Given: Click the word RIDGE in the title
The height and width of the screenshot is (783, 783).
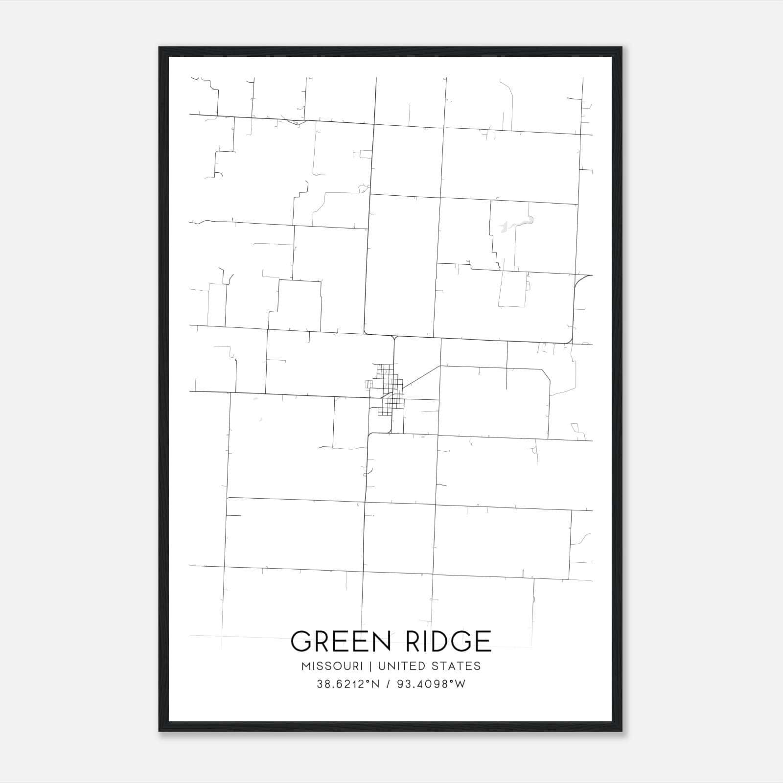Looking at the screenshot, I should tap(448, 641).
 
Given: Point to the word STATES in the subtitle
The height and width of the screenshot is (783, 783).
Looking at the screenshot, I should tap(457, 666).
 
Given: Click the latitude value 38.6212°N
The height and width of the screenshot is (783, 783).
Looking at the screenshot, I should tap(348, 685).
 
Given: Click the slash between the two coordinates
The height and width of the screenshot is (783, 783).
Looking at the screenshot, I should tap(388, 685).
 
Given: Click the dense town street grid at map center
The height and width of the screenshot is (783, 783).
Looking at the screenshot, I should tap(389, 389).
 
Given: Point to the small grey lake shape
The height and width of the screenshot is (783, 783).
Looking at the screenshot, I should tap(514, 225).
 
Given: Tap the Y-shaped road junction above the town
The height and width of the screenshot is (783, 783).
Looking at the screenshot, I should tap(394, 337).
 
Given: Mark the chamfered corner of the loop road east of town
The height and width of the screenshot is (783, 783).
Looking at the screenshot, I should tap(546, 374).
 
